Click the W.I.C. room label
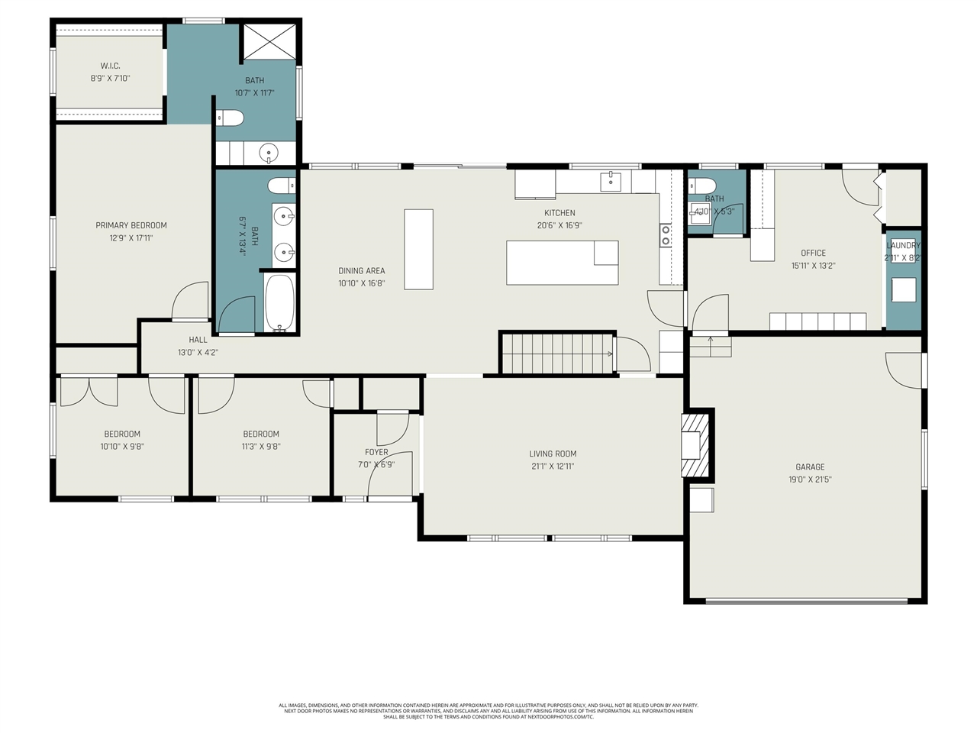tap(110, 66)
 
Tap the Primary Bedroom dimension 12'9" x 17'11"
tap(131, 238)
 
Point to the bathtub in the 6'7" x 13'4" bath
tap(279, 302)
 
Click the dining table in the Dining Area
tap(418, 249)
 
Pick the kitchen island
tap(562, 263)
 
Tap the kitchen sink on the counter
tap(611, 182)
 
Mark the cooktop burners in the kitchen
tap(666, 235)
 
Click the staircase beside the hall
tap(557, 354)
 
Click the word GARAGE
tap(810, 467)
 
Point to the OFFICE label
tap(813, 253)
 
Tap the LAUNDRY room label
tap(903, 245)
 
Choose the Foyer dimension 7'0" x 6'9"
tap(376, 464)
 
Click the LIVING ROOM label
tap(553, 454)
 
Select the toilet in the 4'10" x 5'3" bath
tap(701, 185)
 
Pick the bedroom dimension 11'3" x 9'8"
tap(261, 447)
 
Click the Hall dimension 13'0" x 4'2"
tap(198, 352)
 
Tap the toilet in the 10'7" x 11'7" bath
tap(230, 118)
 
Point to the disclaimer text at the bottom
tap(488, 711)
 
